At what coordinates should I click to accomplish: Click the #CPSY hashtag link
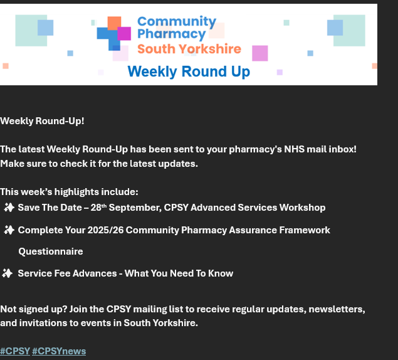coord(15,351)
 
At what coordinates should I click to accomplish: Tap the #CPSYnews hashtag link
coord(59,351)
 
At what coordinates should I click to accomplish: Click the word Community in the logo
coord(177,22)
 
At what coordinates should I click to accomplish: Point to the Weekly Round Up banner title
coord(189,71)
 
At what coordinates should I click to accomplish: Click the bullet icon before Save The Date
coord(9,208)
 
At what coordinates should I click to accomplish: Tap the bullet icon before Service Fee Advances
coord(8,273)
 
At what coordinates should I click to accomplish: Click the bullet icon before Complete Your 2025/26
coord(9,230)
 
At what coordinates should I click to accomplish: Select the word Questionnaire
coord(51,251)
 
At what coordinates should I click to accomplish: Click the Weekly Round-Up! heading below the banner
coord(42,120)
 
